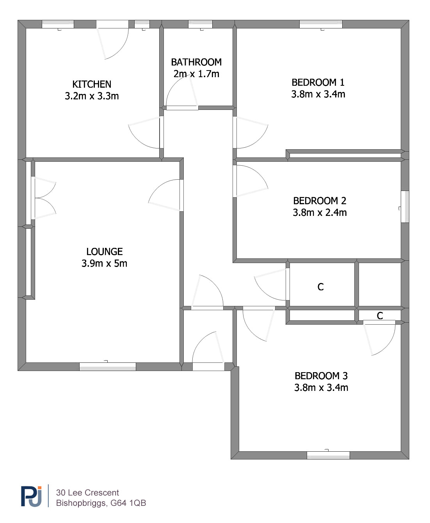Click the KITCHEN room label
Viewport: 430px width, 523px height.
tap(92, 84)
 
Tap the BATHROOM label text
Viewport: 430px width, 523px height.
tap(196, 62)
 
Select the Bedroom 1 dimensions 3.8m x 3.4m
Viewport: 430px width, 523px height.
tap(318, 94)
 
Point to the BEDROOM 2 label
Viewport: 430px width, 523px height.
tap(320, 201)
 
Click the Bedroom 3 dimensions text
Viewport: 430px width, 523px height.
tap(321, 388)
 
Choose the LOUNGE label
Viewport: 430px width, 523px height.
tap(105, 252)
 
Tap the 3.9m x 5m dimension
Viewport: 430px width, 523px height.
tap(104, 263)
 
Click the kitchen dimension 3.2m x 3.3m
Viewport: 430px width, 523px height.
tap(92, 96)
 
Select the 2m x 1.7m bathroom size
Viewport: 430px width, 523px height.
tap(196, 74)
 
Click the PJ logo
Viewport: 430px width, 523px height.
tap(31, 496)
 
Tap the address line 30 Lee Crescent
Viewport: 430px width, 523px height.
tap(87, 493)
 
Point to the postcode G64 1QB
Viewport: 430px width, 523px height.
tap(128, 503)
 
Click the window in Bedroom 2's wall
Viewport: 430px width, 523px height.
tap(405, 207)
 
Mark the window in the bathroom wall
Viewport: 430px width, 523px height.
tap(200, 24)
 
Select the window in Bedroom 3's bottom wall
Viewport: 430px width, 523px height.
tap(328, 455)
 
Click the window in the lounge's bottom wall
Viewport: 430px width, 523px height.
tap(108, 366)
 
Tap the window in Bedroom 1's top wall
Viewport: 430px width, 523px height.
tap(321, 24)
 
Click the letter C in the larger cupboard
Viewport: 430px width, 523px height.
tap(320, 287)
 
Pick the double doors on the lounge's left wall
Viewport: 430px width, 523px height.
tap(43, 198)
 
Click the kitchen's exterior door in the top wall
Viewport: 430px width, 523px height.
tap(112, 40)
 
